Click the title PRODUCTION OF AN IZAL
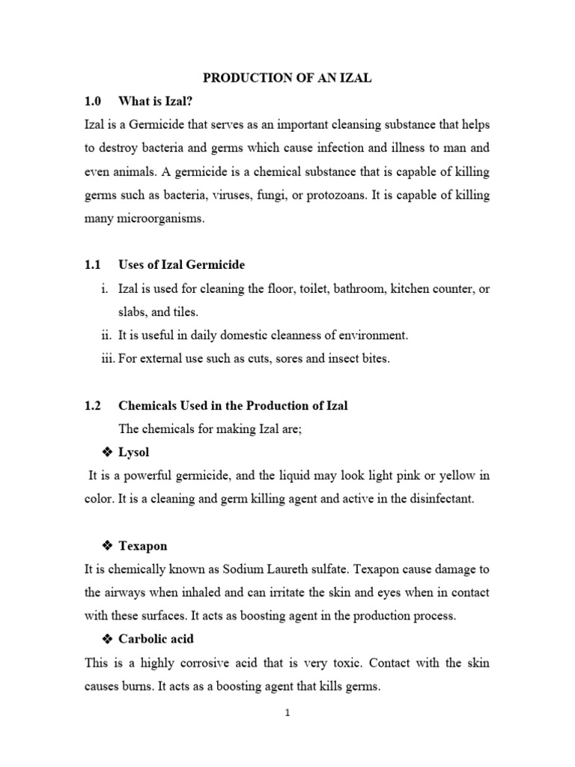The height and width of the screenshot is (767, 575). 287,77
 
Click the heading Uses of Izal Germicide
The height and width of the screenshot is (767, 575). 182,265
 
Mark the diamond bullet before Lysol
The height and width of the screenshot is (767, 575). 106,452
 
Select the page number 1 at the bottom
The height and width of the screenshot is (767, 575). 287,713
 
